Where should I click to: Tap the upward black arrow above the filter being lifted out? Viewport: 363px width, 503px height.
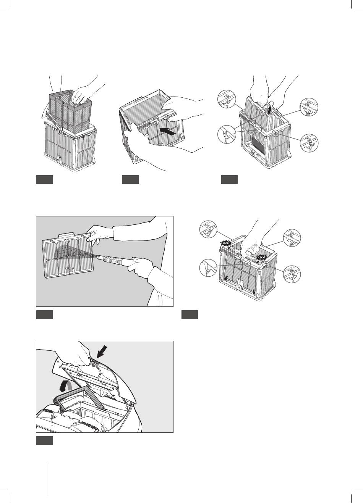(x=270, y=110)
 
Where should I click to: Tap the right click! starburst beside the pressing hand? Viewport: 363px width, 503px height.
(x=261, y=257)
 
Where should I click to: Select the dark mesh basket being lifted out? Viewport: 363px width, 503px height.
(x=71, y=109)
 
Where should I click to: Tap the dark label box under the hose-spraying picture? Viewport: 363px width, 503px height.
(x=44, y=314)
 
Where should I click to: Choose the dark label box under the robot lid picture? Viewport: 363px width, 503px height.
(x=44, y=441)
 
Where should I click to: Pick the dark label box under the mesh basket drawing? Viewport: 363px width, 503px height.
(x=44, y=180)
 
